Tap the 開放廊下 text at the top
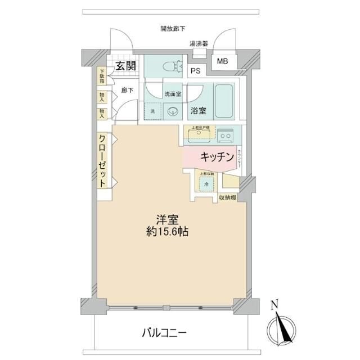[173, 29]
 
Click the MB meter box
[223, 61]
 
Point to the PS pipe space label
[195, 71]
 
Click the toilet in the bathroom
[172, 66]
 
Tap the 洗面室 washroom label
[172, 94]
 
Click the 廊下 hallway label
[127, 90]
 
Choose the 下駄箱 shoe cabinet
[102, 76]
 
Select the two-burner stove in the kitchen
[226, 135]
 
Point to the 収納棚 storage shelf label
[227, 197]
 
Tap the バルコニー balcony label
[163, 332]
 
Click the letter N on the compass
[274, 305]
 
